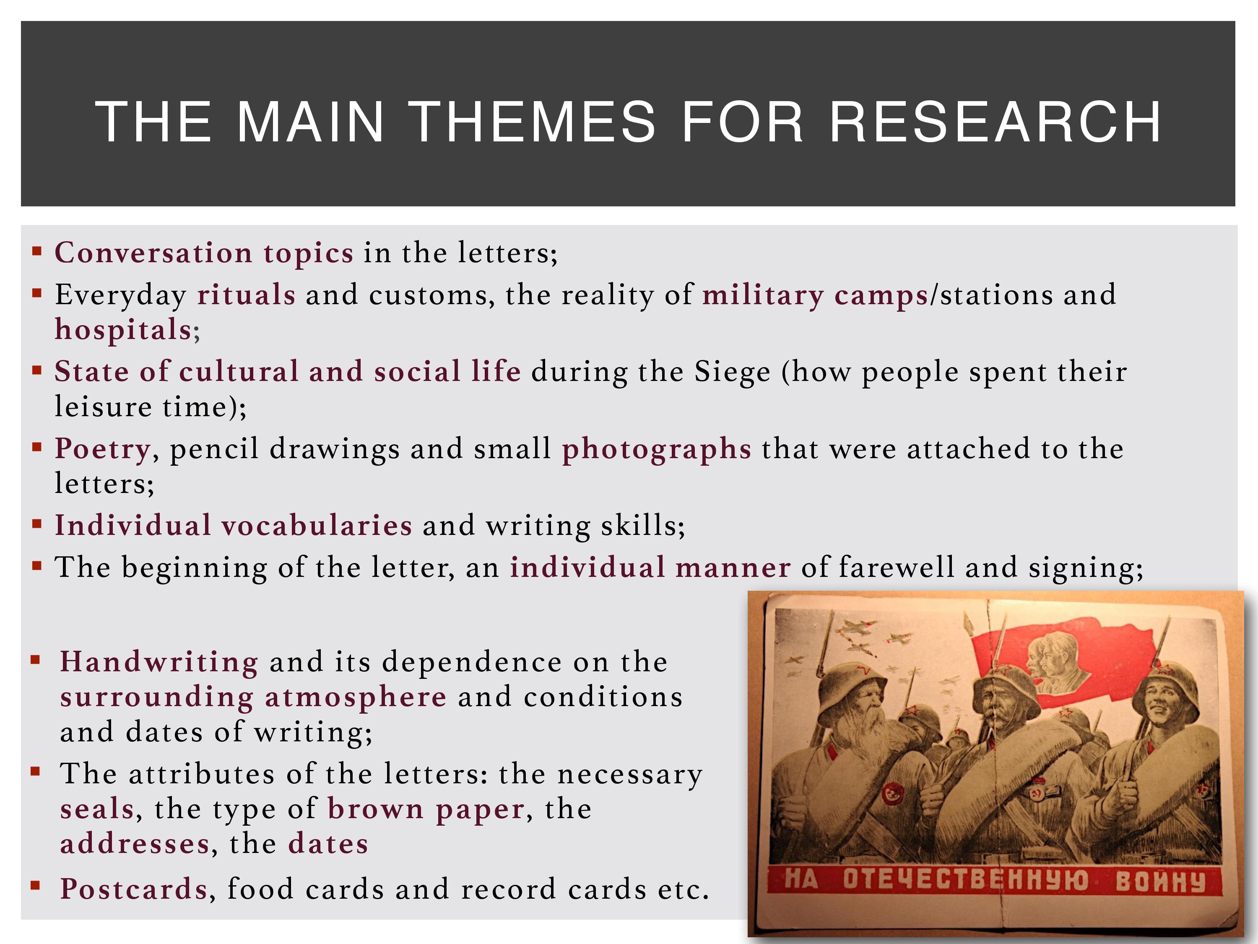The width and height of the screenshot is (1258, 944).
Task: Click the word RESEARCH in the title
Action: coord(995,121)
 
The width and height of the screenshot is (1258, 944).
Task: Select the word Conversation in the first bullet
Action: coord(153,253)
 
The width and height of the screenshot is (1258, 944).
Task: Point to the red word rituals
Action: coord(246,295)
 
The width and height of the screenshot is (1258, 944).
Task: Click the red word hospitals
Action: coord(123,330)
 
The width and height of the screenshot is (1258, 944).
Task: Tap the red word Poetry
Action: coord(103,449)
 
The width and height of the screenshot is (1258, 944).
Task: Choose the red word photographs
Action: coord(656,449)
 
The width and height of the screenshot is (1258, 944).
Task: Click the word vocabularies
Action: coord(317,525)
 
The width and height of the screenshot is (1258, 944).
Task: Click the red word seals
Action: coord(97,809)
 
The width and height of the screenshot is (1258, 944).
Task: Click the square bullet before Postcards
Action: coord(36,885)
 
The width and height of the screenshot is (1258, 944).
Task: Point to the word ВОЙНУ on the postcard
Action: coord(1160,881)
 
